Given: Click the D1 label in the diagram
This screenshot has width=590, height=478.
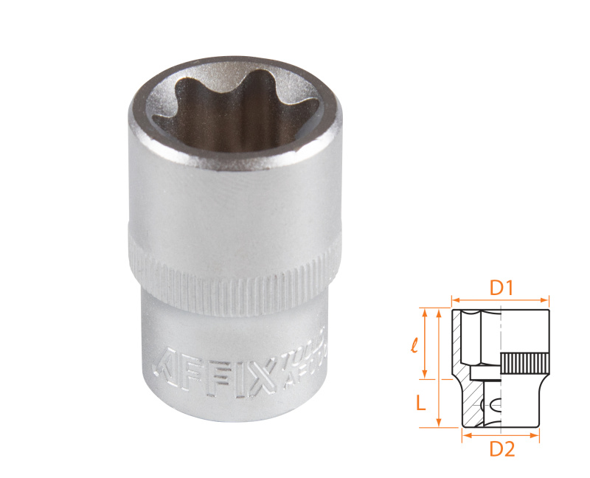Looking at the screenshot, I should pos(502,288).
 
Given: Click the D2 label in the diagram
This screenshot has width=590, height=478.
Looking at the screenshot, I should pos(502,448).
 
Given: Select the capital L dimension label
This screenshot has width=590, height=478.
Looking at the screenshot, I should pos(420,403).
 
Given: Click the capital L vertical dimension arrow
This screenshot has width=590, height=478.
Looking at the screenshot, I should pos(440,369).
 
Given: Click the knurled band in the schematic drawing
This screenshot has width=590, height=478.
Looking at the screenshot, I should pos(525,363).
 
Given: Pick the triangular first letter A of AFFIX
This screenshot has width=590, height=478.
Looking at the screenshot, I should pos(170,361).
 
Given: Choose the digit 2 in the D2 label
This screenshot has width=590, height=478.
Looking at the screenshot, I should pos(508,448).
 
